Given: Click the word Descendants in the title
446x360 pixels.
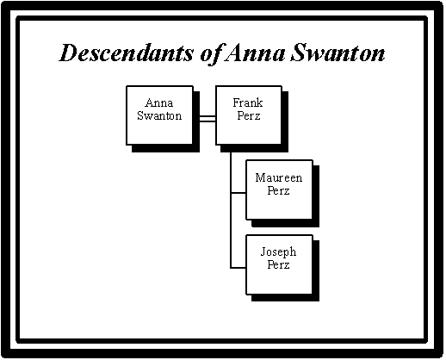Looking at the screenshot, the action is pyautogui.click(x=127, y=53).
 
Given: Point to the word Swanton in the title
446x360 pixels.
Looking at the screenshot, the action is pyautogui.click(x=338, y=53).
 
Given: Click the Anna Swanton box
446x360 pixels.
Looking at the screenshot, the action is pyautogui.click(x=160, y=115).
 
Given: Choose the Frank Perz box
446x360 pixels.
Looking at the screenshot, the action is pyautogui.click(x=249, y=115).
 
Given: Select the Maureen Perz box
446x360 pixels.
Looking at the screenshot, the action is pyautogui.click(x=279, y=189).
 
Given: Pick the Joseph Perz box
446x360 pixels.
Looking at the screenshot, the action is pyautogui.click(x=279, y=264).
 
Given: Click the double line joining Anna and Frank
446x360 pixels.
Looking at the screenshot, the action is pyautogui.click(x=208, y=119).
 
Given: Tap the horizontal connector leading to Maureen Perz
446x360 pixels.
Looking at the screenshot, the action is pyautogui.click(x=238, y=193).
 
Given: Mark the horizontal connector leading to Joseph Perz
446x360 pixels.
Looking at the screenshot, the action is pyautogui.click(x=238, y=268).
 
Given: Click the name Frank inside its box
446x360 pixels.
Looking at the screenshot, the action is pyautogui.click(x=248, y=102).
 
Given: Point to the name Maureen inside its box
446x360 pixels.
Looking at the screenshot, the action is pyautogui.click(x=279, y=177).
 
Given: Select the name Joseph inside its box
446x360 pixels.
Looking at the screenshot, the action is pyautogui.click(x=278, y=252).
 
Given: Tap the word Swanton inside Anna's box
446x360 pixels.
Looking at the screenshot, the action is pyautogui.click(x=159, y=115).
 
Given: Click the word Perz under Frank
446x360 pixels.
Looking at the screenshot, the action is pyautogui.click(x=249, y=115).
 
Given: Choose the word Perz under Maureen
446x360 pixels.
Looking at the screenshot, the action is pyautogui.click(x=278, y=190).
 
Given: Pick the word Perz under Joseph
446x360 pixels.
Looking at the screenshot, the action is pyautogui.click(x=278, y=264).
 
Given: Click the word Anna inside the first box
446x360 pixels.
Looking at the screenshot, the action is pyautogui.click(x=159, y=102).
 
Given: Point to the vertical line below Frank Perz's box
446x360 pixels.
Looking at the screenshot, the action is pyautogui.click(x=231, y=210).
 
